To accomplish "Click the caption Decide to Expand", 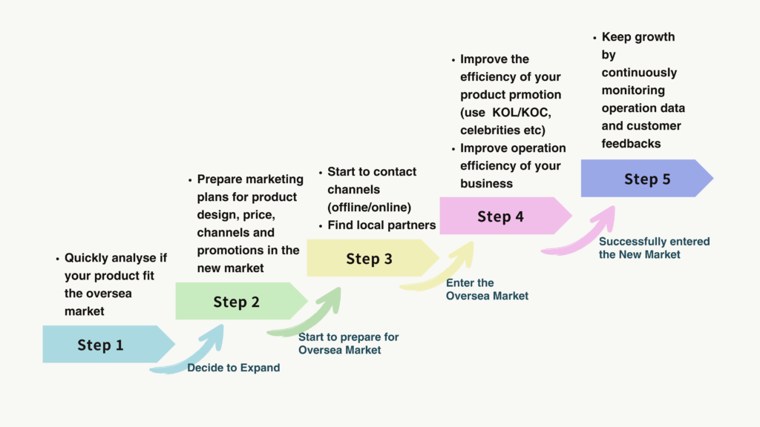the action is tap(234, 368).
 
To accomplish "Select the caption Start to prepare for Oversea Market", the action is tap(349, 343).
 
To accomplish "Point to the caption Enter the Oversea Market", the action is tap(487, 289).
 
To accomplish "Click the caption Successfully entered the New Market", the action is tap(655, 248).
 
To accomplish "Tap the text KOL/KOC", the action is tap(522, 113).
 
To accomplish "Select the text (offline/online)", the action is tap(370, 208).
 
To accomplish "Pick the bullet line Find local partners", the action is tap(381, 225).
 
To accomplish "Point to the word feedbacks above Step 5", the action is tap(631, 143).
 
